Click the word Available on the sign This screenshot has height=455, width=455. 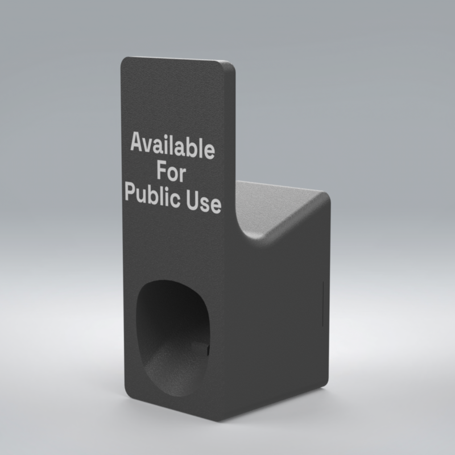[x=173, y=146]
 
